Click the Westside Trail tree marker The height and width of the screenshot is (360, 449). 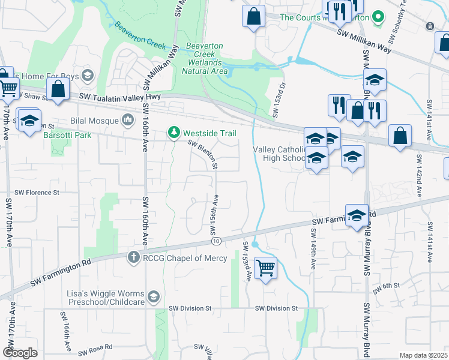173,133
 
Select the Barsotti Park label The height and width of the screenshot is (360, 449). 67,135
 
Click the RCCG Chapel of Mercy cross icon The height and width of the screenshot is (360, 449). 133,258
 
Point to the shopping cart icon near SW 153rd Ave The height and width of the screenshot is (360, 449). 265,267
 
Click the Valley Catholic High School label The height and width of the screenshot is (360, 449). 278,154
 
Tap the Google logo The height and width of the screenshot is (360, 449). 20,353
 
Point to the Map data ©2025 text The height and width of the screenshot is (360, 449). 423,355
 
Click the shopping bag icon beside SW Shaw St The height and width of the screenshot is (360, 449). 58,90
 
